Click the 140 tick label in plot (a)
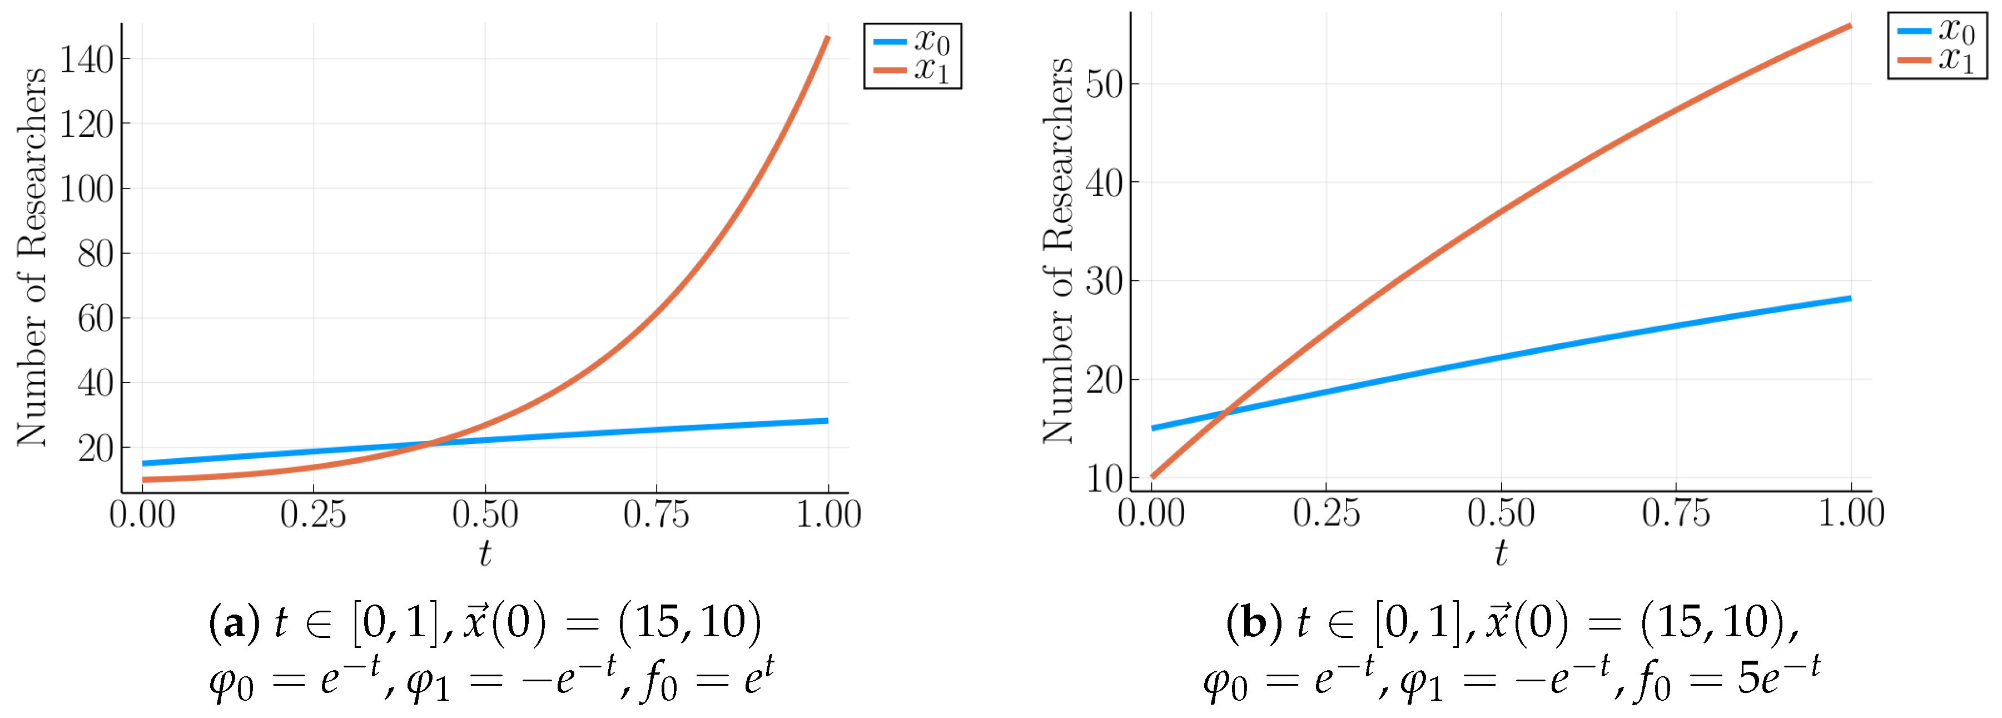pos(86,59)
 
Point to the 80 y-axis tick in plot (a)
pos(95,253)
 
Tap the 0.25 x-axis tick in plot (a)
pos(313,514)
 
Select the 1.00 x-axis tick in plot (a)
pos(828,514)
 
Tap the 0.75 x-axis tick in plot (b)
pos(1676,513)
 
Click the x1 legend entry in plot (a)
pos(913,70)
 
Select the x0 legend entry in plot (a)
pos(913,41)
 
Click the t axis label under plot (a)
pos(485,553)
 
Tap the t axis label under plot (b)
pos(1501,553)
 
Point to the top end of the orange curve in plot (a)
pos(828,37)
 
